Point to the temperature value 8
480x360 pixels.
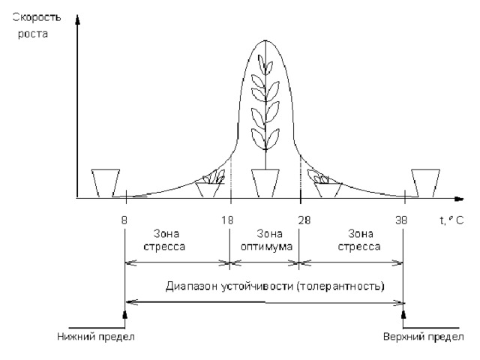pos(124,222)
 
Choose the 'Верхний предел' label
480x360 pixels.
pos(433,335)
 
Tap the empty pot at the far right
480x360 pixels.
pos(425,182)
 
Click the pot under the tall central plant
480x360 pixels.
pos(265,182)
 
